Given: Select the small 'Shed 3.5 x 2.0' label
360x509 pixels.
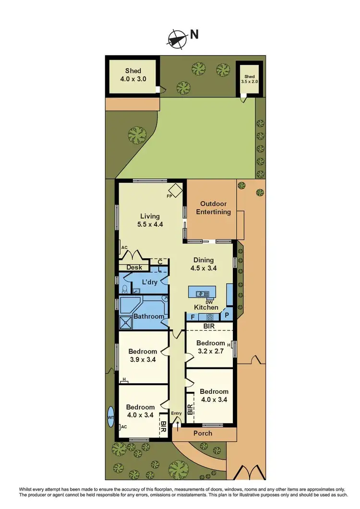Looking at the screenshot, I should click(250, 79).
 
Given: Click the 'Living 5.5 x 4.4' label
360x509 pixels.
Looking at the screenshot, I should click(150, 220).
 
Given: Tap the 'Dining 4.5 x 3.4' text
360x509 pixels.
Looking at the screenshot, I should click(204, 264).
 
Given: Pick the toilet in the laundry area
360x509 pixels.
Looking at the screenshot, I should click(125, 289).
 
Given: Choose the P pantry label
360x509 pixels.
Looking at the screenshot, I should click(227, 316).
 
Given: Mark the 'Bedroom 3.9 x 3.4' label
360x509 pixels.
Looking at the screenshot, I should click(143, 355).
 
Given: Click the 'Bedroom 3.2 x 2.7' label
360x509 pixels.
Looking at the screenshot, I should click(210, 347).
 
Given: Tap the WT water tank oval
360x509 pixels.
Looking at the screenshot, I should click(110, 417).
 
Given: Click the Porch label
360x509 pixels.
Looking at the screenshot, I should click(203, 433).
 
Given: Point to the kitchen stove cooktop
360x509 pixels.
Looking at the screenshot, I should click(209, 316).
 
